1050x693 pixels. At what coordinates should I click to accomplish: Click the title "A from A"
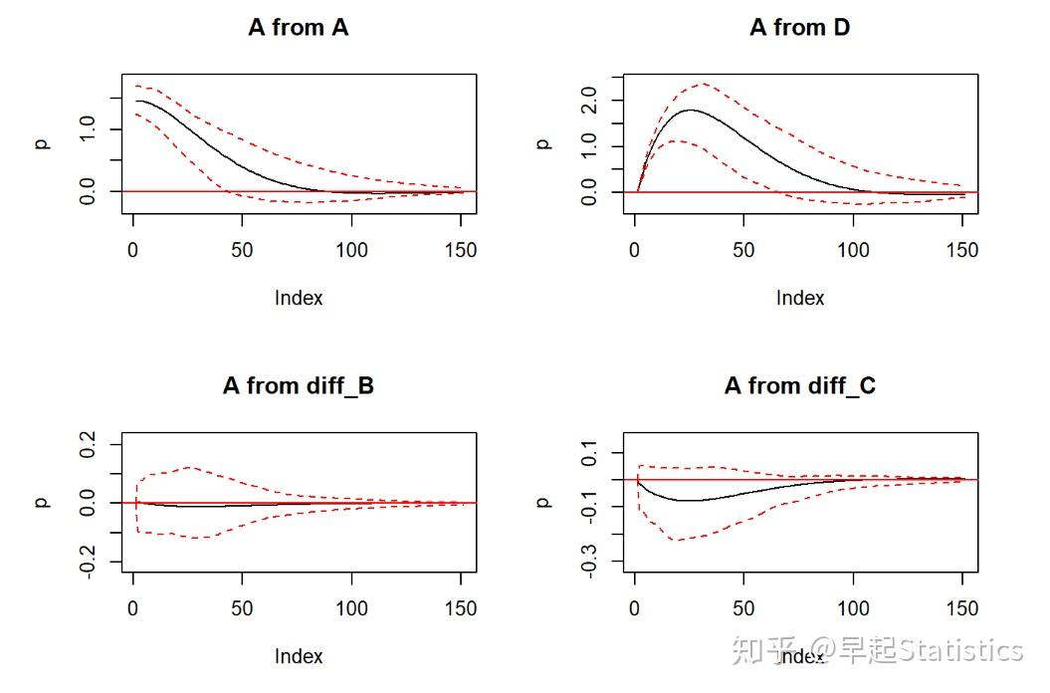click(299, 28)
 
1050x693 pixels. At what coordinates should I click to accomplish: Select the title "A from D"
click(799, 28)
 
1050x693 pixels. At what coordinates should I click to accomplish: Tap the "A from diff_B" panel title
click(299, 385)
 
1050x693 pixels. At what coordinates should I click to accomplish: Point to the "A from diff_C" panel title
click(799, 385)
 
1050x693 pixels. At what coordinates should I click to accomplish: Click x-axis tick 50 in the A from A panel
click(242, 249)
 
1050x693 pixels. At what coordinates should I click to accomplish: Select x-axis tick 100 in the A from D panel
click(853, 249)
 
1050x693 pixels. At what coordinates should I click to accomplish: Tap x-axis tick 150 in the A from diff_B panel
click(460, 607)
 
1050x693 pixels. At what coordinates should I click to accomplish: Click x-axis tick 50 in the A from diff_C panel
click(743, 607)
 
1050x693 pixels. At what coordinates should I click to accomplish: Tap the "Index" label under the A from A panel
click(299, 298)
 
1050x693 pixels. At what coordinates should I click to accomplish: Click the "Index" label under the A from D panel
click(800, 298)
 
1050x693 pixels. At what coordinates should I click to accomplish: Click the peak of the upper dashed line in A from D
click(704, 84)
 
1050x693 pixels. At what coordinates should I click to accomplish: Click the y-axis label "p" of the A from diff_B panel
click(42, 502)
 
